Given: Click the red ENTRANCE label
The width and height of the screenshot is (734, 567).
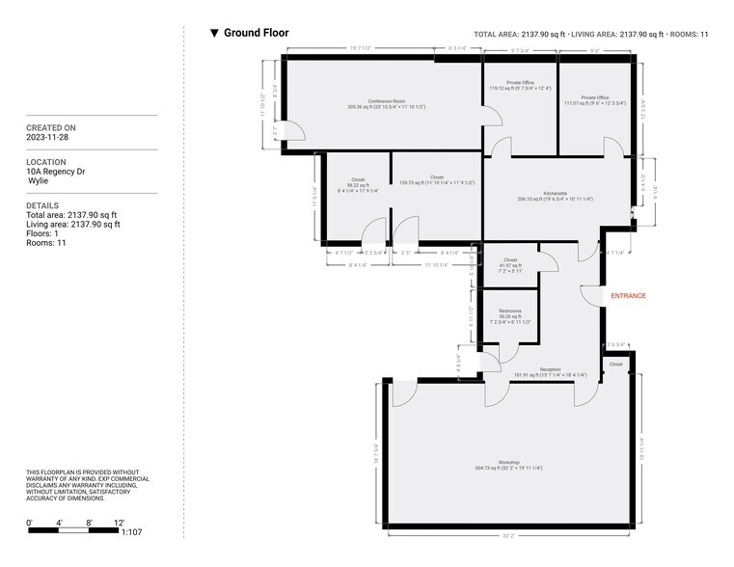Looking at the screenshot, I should pyautogui.click(x=628, y=295).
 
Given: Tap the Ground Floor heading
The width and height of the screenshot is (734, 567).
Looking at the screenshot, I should pyautogui.click(x=256, y=33).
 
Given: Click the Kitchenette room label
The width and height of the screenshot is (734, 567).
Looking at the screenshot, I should pyautogui.click(x=541, y=193).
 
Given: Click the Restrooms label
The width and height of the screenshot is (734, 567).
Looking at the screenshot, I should pyautogui.click(x=510, y=311).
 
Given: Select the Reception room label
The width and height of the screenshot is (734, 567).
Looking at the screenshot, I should pyautogui.click(x=550, y=369).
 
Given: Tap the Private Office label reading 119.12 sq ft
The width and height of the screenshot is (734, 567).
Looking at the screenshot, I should pyautogui.click(x=519, y=84).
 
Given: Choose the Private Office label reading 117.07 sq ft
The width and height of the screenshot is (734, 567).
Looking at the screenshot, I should pyautogui.click(x=594, y=97).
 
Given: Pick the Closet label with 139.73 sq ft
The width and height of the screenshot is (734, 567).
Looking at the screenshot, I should pyautogui.click(x=437, y=177).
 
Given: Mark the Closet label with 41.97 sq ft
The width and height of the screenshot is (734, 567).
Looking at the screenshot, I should pyautogui.click(x=510, y=260).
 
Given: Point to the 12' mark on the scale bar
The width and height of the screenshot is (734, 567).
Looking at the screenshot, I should pyautogui.click(x=119, y=523).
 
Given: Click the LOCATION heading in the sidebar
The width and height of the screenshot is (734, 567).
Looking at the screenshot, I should pyautogui.click(x=46, y=162).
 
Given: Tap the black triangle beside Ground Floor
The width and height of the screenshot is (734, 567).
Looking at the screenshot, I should pyautogui.click(x=214, y=34).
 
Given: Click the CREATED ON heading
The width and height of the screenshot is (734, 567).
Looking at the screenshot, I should pyautogui.click(x=51, y=127).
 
